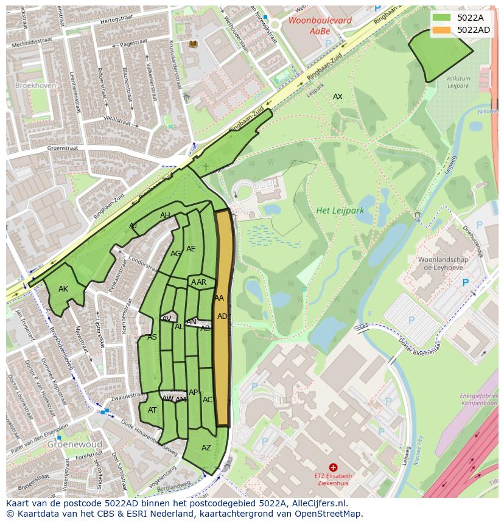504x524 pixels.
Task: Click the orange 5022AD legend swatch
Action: (x=443, y=30)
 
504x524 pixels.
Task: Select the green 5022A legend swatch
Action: (x=443, y=18)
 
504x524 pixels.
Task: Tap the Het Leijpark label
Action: (x=340, y=211)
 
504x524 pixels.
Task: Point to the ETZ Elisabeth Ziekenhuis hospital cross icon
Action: (x=333, y=467)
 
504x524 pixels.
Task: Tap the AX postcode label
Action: (x=337, y=97)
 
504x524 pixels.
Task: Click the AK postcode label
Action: (x=63, y=289)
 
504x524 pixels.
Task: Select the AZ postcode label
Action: (x=206, y=448)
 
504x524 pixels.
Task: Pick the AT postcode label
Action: (x=152, y=410)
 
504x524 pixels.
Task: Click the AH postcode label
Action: (x=165, y=215)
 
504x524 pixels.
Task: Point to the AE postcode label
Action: (x=191, y=249)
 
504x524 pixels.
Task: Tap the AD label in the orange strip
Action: (x=222, y=316)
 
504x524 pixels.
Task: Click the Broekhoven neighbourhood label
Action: (x=35, y=86)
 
